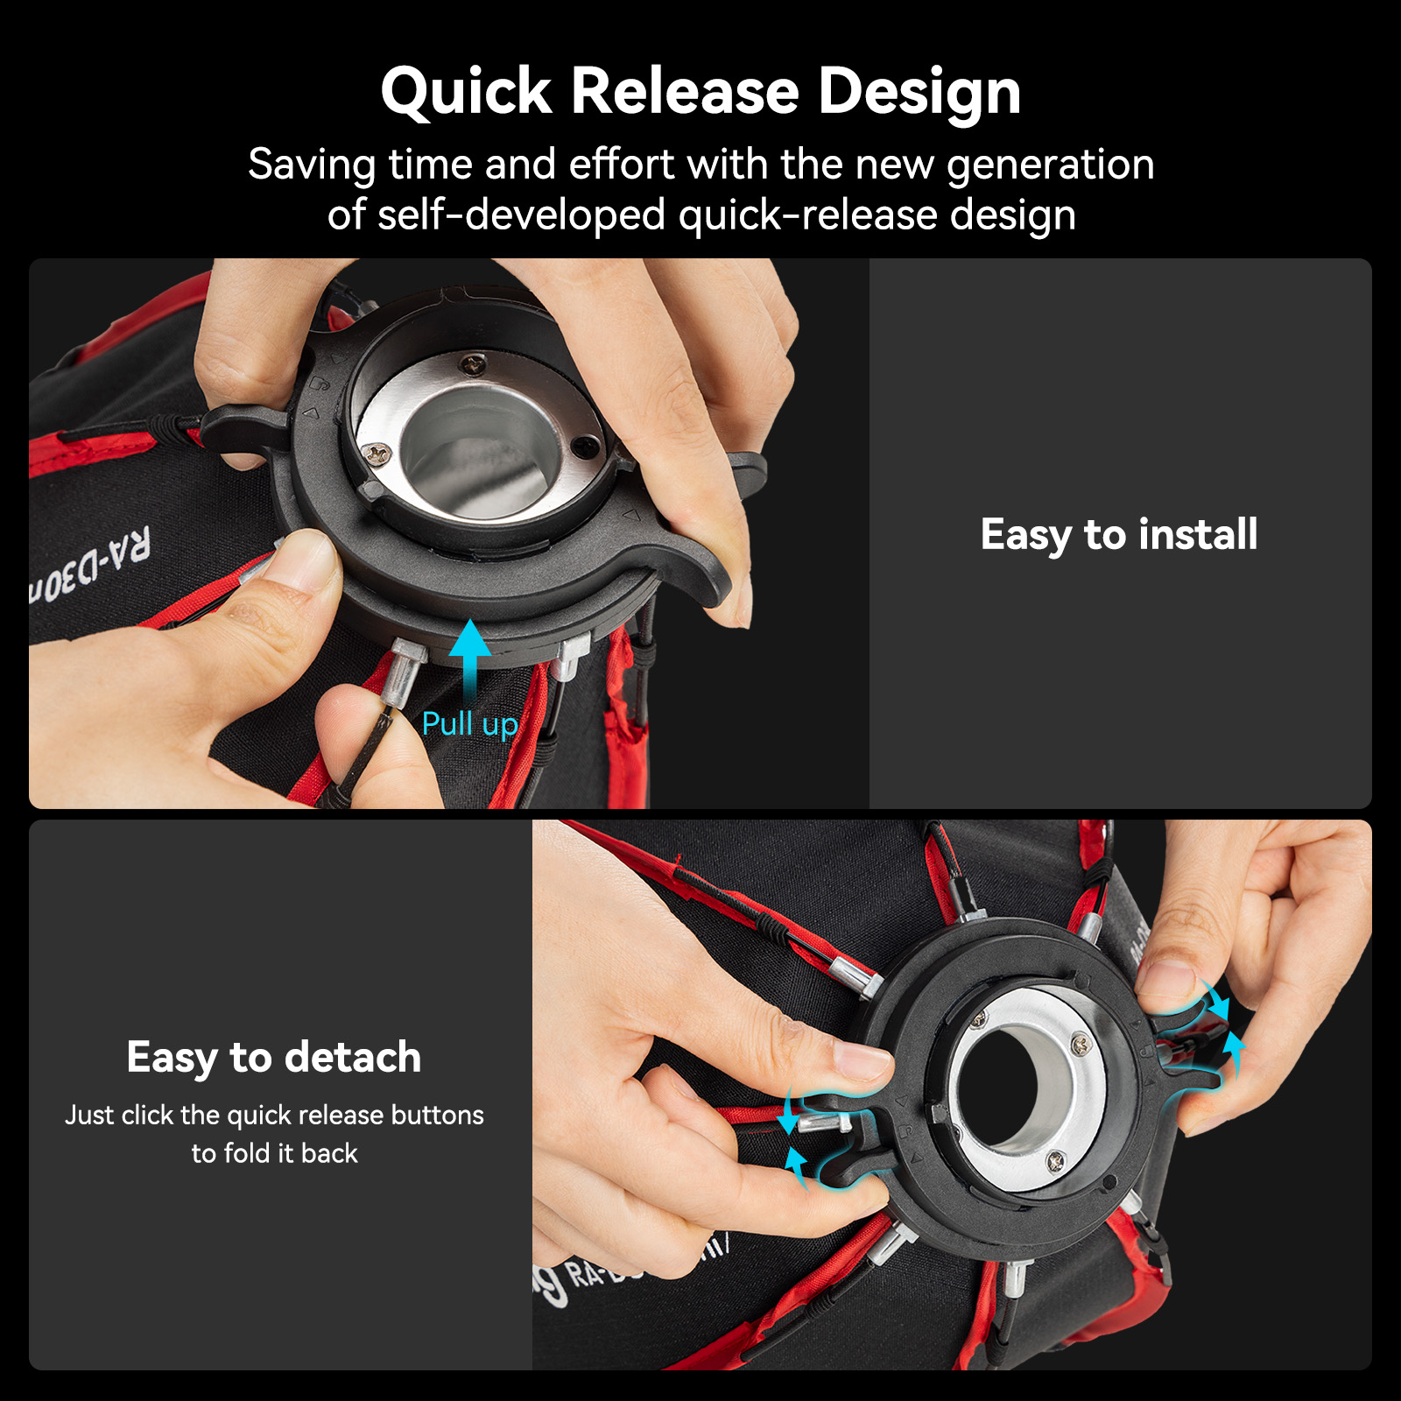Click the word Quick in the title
[467, 92]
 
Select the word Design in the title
[919, 92]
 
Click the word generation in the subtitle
[1050, 165]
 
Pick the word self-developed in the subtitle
[521, 215]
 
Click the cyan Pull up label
[469, 725]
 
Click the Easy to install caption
[1118, 534]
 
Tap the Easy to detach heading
[273, 1057]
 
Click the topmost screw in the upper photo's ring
[474, 363]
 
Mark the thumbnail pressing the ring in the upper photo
[302, 560]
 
